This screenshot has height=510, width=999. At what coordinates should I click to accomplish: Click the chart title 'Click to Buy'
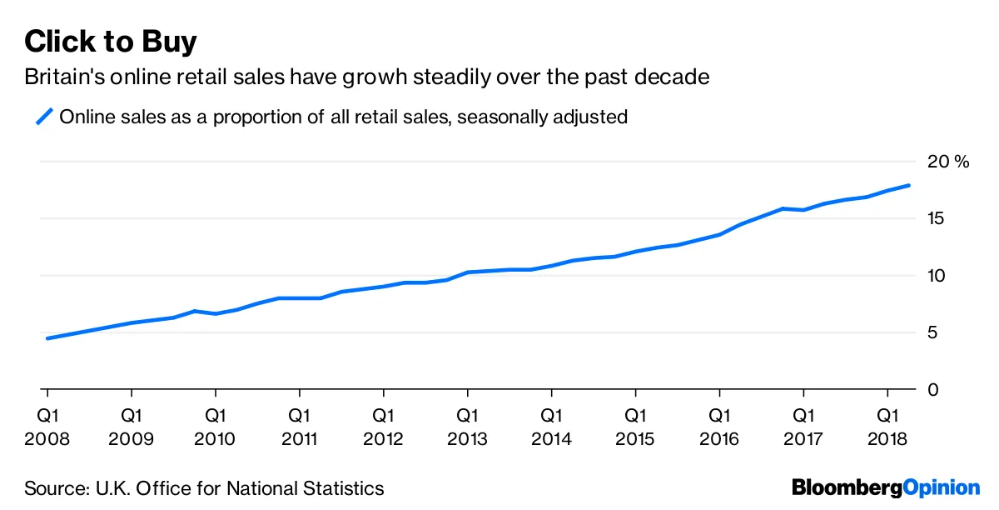click(x=111, y=41)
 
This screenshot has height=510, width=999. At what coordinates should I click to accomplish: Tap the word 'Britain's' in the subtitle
click(x=60, y=77)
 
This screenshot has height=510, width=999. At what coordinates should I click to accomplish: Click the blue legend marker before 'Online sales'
click(x=43, y=117)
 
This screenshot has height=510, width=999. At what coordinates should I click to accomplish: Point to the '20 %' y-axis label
click(x=950, y=162)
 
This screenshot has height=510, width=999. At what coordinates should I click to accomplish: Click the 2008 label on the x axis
click(x=47, y=439)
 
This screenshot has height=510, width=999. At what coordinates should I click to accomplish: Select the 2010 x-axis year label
click(x=216, y=439)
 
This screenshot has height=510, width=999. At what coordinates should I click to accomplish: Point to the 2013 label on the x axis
click(x=467, y=439)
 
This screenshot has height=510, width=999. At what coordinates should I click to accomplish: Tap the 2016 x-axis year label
click(x=719, y=439)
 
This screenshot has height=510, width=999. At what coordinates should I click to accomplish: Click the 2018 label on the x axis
click(x=887, y=439)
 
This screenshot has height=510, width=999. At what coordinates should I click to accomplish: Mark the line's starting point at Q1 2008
click(x=47, y=338)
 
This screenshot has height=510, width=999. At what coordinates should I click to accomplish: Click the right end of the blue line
click(x=909, y=185)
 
